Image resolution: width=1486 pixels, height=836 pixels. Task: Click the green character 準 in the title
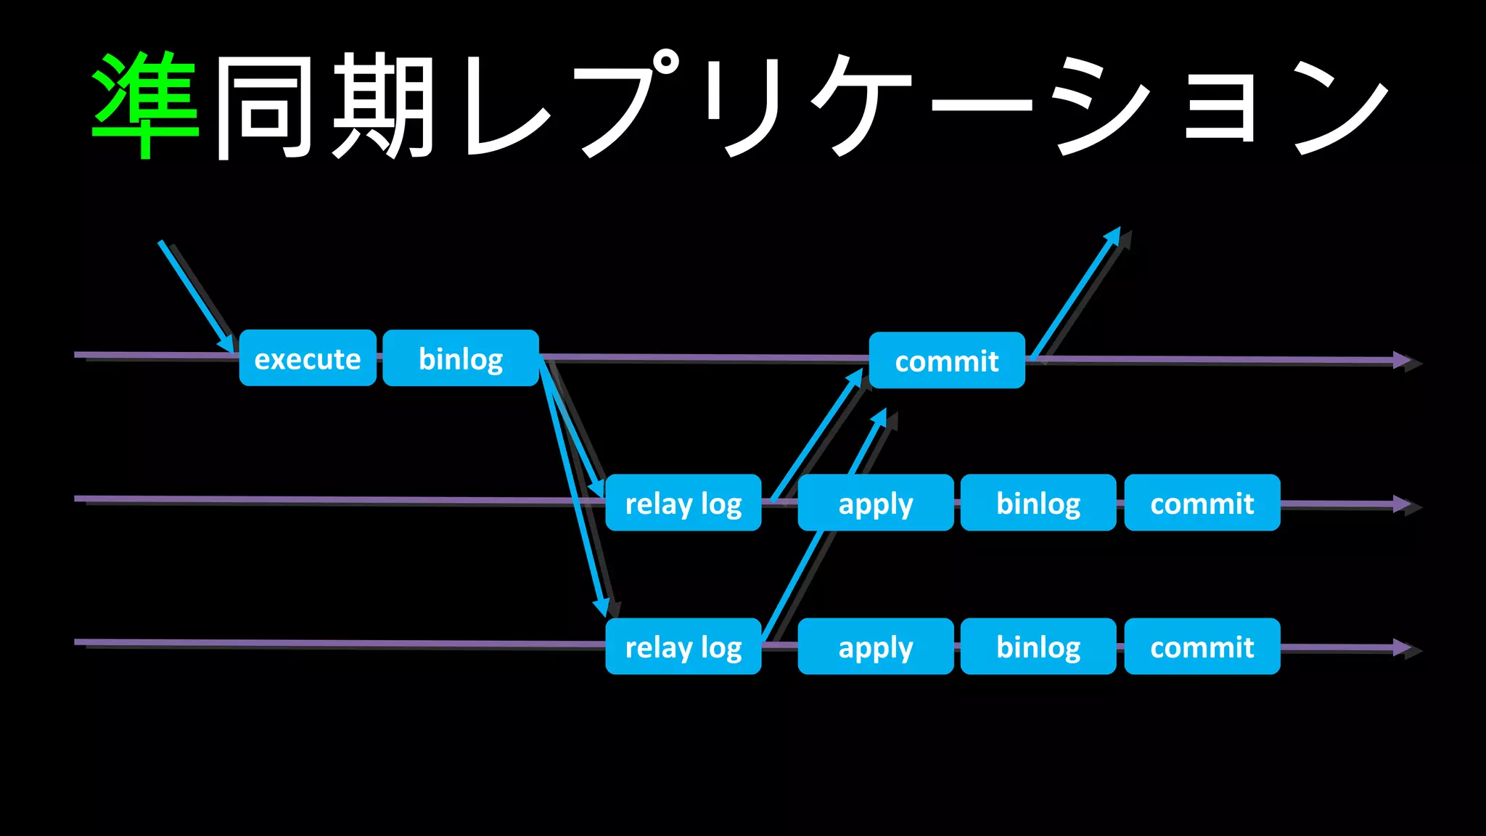point(145,105)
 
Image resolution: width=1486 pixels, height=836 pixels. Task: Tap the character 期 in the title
point(382,105)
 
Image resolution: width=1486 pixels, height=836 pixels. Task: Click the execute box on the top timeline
point(308,358)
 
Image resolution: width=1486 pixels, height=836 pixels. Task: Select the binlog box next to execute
point(461,358)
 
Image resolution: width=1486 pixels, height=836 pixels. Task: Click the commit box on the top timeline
point(947,361)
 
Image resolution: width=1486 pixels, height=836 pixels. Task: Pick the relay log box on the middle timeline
point(683,503)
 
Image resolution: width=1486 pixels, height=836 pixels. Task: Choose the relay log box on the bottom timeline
point(683,647)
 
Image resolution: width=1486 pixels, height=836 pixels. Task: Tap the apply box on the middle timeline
point(875,503)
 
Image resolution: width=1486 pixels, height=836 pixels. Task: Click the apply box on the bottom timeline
point(875,647)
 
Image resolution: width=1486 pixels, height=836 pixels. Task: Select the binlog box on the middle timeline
point(1038,503)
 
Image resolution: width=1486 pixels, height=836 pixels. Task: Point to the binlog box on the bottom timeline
point(1038,647)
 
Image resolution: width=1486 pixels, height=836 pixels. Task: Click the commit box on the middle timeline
point(1202,503)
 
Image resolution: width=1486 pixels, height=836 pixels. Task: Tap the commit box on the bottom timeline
point(1202,647)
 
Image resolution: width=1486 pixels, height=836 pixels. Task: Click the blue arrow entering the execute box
point(194,294)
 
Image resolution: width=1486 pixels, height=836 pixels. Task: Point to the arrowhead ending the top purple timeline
point(1402,360)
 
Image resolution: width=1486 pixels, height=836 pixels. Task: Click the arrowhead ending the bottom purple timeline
point(1402,647)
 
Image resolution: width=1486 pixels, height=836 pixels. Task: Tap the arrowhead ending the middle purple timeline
point(1402,504)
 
